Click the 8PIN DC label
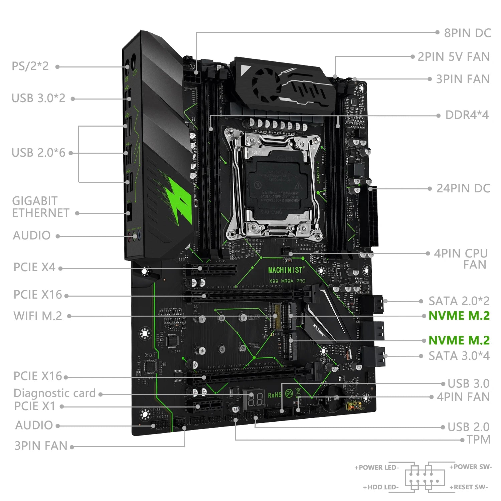467,33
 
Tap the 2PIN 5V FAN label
454,57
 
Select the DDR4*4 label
467,115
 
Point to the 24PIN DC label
463,188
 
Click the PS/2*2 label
30,66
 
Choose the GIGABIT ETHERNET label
40,207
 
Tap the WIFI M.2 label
38,316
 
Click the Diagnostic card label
55,393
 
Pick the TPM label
478,440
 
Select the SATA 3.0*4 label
459,356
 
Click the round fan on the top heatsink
266,84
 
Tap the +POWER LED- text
376,468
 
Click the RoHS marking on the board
275,395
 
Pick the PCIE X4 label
34,268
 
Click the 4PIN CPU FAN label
461,259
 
